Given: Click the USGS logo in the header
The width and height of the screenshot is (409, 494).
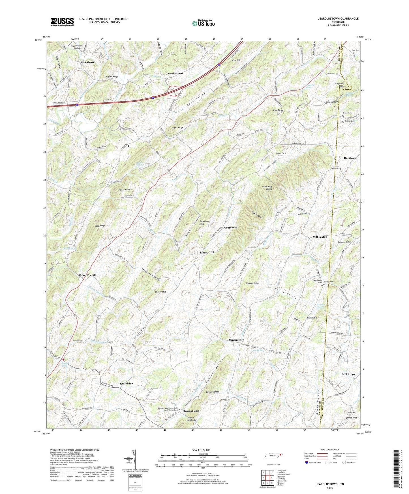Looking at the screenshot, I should click(62, 22).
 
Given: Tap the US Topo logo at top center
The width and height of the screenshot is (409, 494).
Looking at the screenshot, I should click(203, 23).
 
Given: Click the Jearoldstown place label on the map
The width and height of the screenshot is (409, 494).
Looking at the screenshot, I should click(174, 73).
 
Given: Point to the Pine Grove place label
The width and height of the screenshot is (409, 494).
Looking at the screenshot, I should click(88, 62).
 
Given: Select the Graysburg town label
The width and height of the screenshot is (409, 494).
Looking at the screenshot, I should click(231, 227).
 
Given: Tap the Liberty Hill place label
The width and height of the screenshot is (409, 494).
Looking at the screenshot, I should click(207, 252).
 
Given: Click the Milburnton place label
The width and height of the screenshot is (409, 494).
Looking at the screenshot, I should click(320, 237).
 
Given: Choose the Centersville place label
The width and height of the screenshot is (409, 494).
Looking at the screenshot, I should click(236, 340).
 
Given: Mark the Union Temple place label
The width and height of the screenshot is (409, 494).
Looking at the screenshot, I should click(87, 275).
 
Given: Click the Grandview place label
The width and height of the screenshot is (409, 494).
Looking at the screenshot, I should click(127, 383).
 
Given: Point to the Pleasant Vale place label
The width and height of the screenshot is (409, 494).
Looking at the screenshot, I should click(190, 411).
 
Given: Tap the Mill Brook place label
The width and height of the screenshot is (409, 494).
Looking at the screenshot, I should click(348, 374).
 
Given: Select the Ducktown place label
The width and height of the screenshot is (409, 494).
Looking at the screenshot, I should click(350, 158).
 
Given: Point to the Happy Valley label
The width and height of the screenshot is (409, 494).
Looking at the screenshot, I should click(286, 293).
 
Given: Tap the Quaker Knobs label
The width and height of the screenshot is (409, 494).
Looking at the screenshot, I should click(213, 392).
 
